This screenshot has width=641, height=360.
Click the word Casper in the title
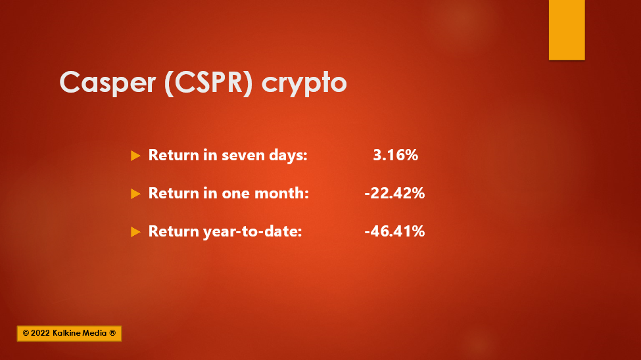tap(108, 83)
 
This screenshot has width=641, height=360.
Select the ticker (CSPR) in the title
tap(208, 83)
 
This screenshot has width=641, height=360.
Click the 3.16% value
tap(395, 155)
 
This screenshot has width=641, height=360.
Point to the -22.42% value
tap(394, 193)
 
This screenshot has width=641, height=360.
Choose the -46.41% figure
tap(394, 231)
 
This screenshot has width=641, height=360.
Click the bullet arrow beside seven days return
tap(135, 156)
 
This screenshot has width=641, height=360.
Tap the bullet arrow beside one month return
tap(135, 194)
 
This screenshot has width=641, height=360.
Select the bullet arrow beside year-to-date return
tap(135, 232)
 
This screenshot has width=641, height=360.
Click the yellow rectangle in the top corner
tap(567, 30)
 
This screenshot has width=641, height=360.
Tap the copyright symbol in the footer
tap(26, 333)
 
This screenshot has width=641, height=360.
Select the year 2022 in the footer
tap(40, 333)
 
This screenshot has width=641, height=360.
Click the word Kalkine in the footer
tap(66, 333)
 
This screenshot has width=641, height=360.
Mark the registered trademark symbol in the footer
tap(112, 333)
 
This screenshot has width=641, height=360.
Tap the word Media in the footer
tap(95, 333)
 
